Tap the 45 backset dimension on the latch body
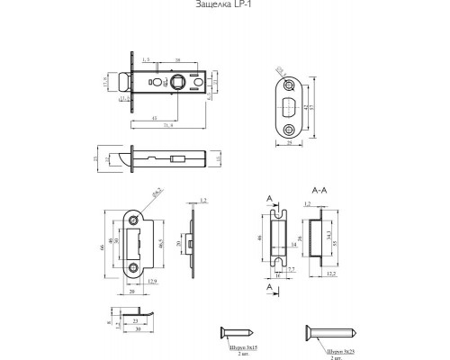(157, 117)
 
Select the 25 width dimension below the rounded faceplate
(289, 141)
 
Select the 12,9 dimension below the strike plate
(154, 283)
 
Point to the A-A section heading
(317, 192)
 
